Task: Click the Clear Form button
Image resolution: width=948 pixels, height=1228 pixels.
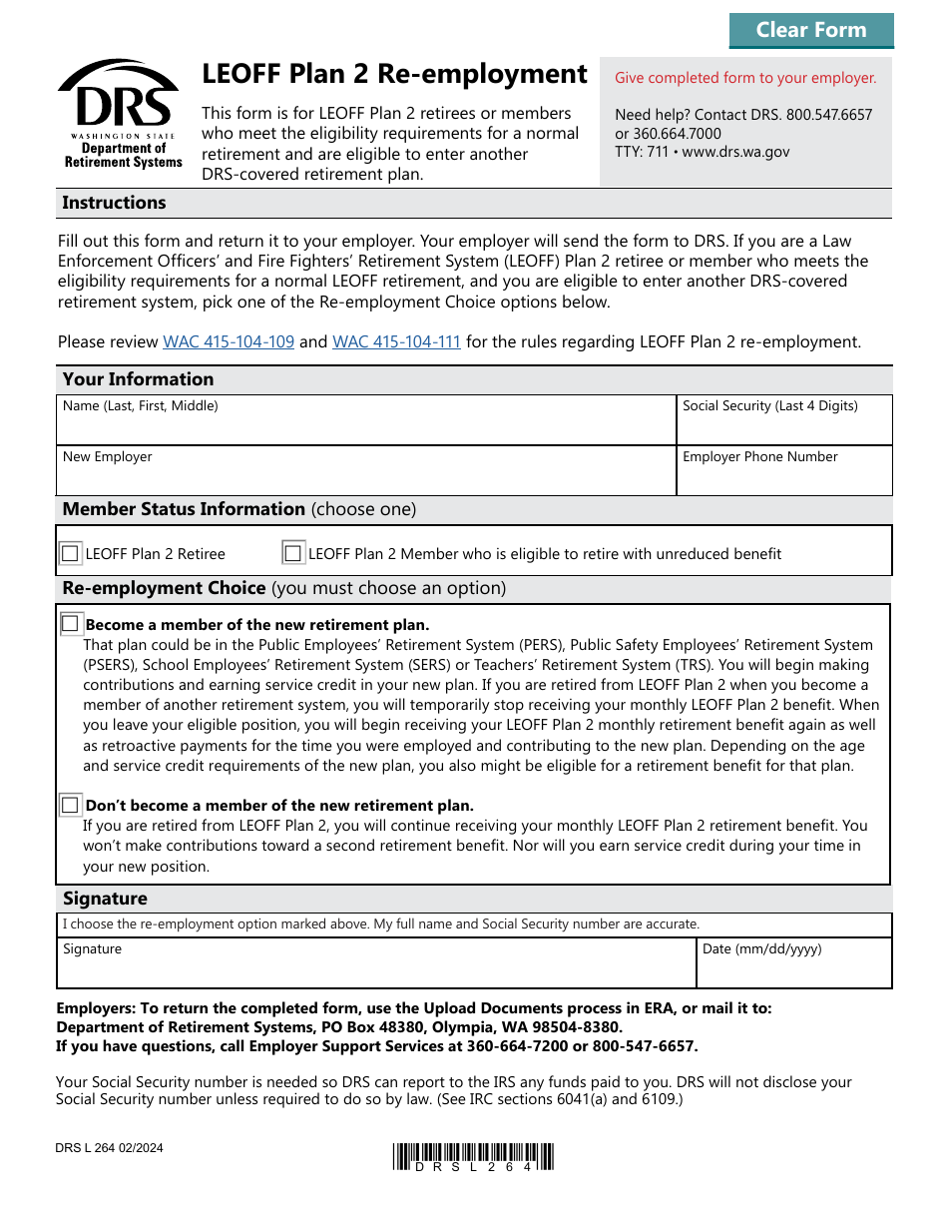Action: click(810, 30)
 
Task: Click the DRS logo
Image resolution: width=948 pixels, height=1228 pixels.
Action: click(120, 114)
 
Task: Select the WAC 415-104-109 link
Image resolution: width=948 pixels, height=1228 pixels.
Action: click(229, 341)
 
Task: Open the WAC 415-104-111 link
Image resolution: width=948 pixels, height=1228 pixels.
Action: click(396, 341)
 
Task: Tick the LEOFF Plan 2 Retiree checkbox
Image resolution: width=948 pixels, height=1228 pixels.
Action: click(70, 553)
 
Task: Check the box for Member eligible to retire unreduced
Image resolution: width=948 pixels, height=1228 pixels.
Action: click(293, 553)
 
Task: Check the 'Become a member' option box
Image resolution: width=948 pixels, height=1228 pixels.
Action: click(70, 624)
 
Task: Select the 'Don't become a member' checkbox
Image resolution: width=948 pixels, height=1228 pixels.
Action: click(70, 805)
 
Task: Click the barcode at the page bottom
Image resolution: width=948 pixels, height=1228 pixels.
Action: click(473, 1156)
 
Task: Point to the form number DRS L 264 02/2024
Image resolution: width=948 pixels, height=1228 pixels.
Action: click(110, 1148)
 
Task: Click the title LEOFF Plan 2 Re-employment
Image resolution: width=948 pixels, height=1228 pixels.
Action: click(394, 75)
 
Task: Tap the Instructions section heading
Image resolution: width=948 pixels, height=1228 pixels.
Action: click(114, 203)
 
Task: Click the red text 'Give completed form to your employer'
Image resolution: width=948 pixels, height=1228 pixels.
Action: click(744, 78)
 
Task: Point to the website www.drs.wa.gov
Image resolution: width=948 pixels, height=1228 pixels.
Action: click(735, 152)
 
